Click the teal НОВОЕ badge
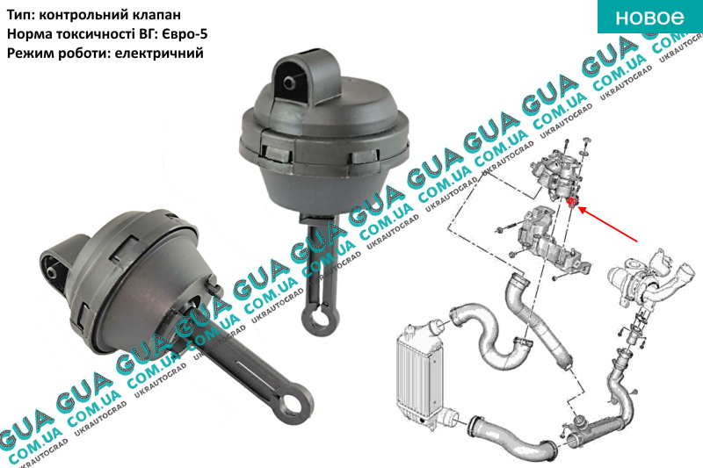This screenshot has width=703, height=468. point(649,17)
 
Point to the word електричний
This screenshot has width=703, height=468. point(159,54)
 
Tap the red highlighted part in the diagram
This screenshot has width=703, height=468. point(572,202)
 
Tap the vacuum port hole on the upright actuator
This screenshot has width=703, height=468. point(287,81)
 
